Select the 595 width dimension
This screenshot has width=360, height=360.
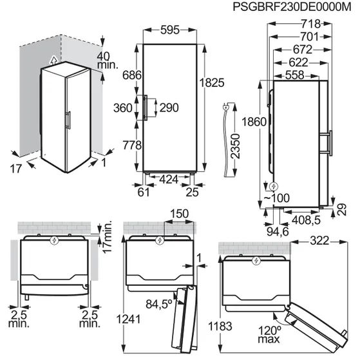point(170,30)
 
